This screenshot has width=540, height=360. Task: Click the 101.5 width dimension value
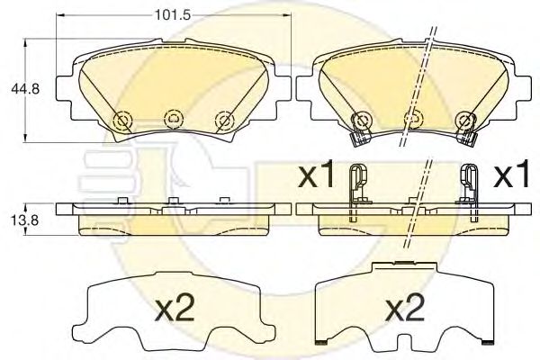pyautogui.click(x=173, y=15)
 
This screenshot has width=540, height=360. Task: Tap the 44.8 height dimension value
pyautogui.click(x=25, y=89)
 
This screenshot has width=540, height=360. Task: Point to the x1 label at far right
pyautogui.click(x=511, y=174)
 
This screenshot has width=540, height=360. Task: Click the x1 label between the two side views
pyautogui.click(x=316, y=174)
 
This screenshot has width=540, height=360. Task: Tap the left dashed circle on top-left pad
pyautogui.click(x=122, y=121)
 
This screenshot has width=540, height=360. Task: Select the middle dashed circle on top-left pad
pyautogui.click(x=174, y=119)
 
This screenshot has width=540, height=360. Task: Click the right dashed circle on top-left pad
pyautogui.click(x=224, y=121)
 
